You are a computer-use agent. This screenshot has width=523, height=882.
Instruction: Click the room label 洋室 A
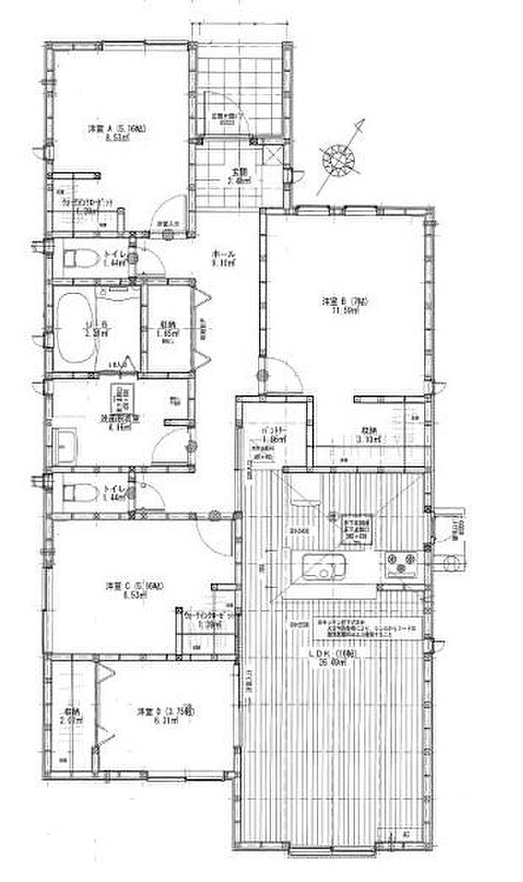pos(116,129)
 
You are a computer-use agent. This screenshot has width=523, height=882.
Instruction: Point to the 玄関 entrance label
pos(241,175)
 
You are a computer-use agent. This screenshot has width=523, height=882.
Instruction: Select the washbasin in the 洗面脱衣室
pos(65,442)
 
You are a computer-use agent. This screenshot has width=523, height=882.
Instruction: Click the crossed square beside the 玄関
pos(273,154)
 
